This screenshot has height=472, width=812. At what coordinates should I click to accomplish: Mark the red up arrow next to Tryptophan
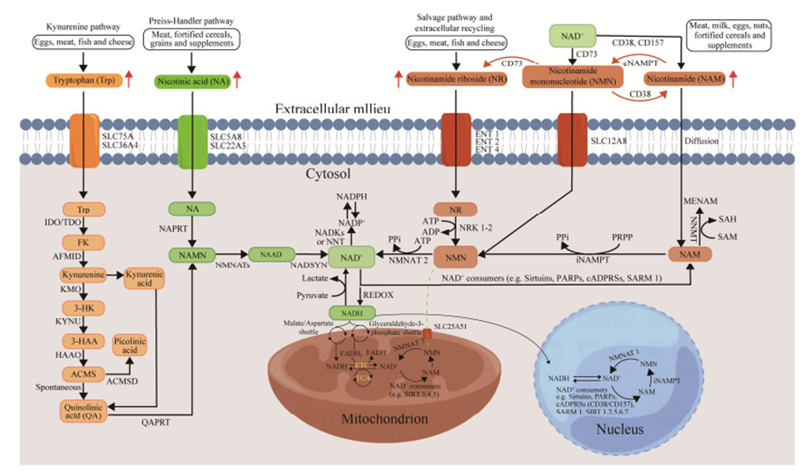pos(128,80)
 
